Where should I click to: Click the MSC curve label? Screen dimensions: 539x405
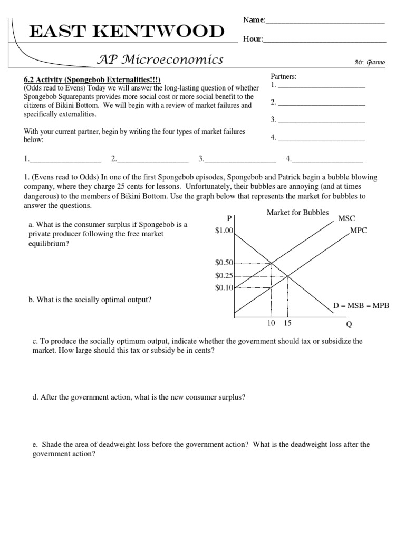[346, 218]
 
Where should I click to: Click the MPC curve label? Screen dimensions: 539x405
[359, 231]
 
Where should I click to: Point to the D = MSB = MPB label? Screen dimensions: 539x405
[361, 305]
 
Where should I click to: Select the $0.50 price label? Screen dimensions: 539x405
[224, 263]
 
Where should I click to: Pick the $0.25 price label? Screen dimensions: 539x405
[224, 275]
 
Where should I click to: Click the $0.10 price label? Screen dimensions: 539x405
[224, 287]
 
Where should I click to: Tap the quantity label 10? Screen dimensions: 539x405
[271, 323]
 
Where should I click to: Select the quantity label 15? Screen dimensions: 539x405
[287, 323]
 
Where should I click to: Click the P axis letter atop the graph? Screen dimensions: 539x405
[229, 219]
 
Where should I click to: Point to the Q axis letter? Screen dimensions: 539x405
[348, 324]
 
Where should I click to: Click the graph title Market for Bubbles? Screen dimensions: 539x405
[297, 213]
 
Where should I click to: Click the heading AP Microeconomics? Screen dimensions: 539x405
[160, 59]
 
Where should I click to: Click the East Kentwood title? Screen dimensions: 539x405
[127, 32]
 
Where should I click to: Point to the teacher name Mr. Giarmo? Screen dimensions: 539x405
[370, 62]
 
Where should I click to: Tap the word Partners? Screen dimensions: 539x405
[284, 77]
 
